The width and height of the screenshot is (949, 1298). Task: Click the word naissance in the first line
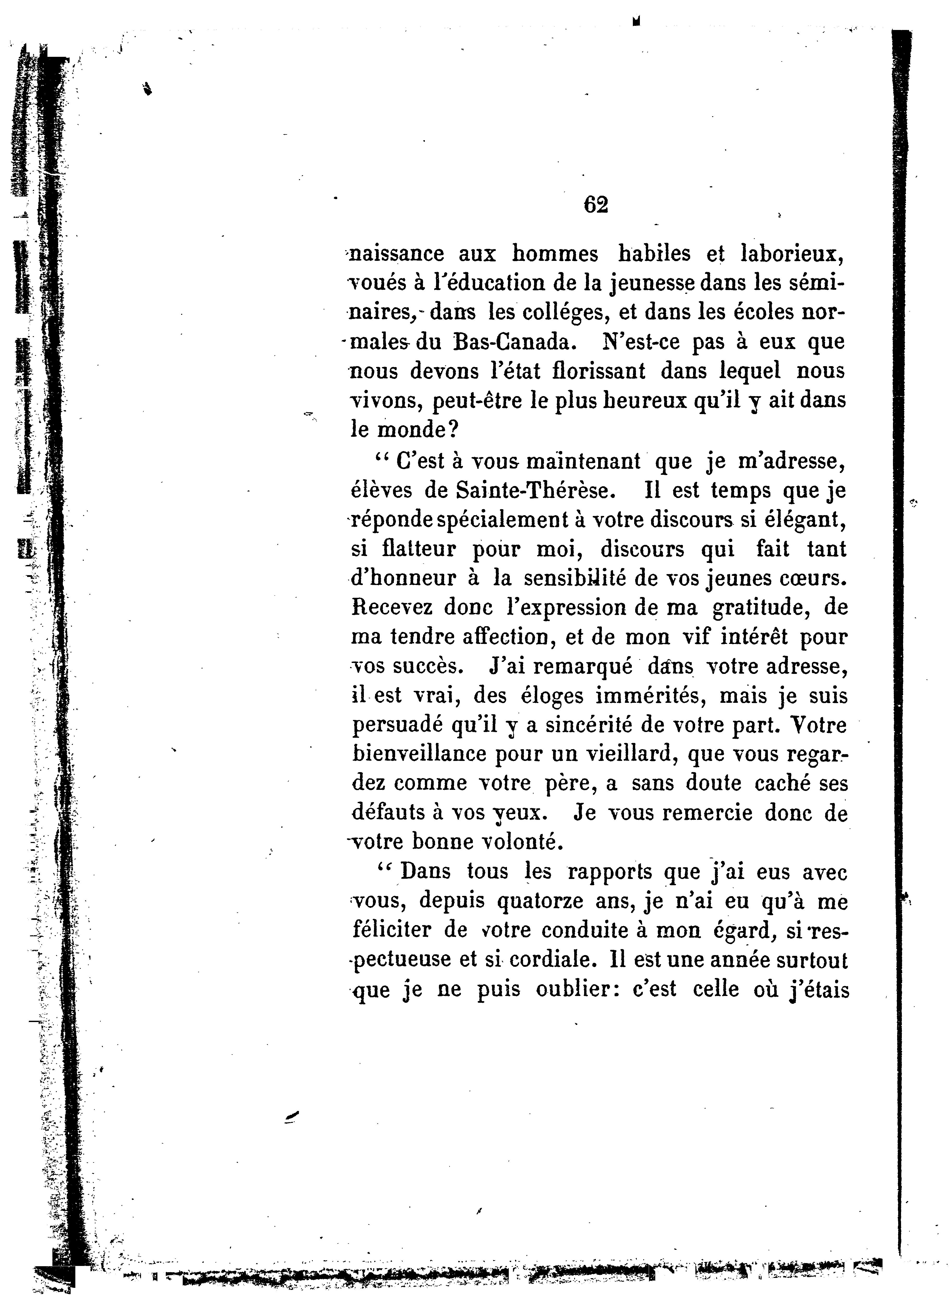point(396,254)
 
